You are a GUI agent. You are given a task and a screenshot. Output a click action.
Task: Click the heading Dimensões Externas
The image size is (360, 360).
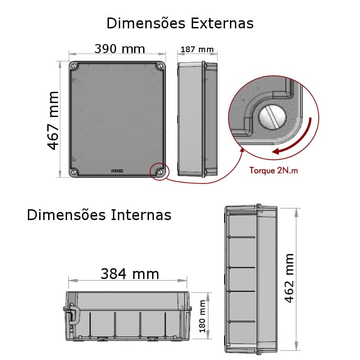coord(180,23)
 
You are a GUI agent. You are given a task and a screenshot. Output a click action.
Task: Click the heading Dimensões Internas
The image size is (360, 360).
coord(99,215)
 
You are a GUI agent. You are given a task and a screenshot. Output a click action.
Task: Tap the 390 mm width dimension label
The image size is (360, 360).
coord(120,49)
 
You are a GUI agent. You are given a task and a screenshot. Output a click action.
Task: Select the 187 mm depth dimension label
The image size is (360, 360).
coord(197,49)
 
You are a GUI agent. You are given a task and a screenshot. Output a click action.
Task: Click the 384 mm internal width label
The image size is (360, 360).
coord(130,274)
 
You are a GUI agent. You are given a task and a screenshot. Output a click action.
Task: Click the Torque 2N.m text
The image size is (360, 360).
coord(274,171)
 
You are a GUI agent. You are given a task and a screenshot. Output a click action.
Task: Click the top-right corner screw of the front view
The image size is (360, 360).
coord(160,66)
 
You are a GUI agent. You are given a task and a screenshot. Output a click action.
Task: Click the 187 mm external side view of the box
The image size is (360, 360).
coord(197,119)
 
